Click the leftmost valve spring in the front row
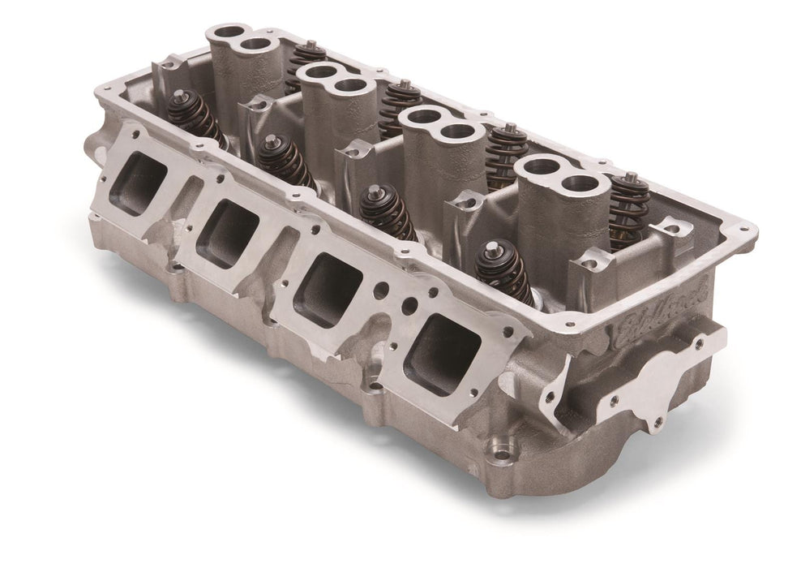(195, 118)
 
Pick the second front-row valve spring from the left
(285, 161)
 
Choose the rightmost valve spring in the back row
(628, 207)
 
